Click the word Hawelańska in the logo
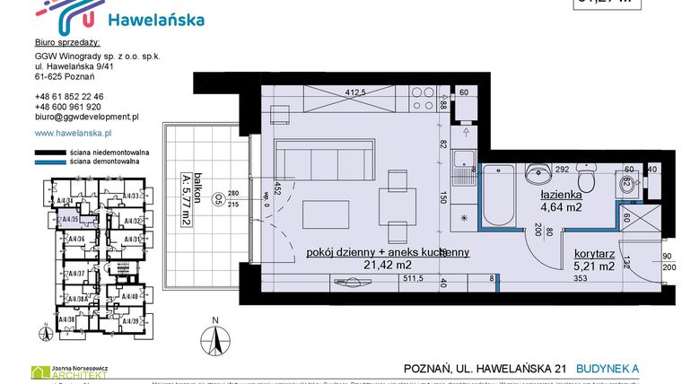coord(155,20)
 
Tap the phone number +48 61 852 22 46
coord(69,96)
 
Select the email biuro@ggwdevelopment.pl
coord(86,117)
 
